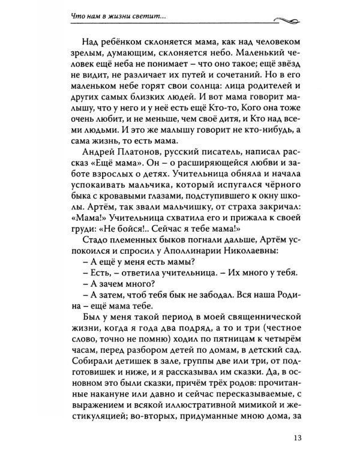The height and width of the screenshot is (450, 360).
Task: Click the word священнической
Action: tap(277, 316)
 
